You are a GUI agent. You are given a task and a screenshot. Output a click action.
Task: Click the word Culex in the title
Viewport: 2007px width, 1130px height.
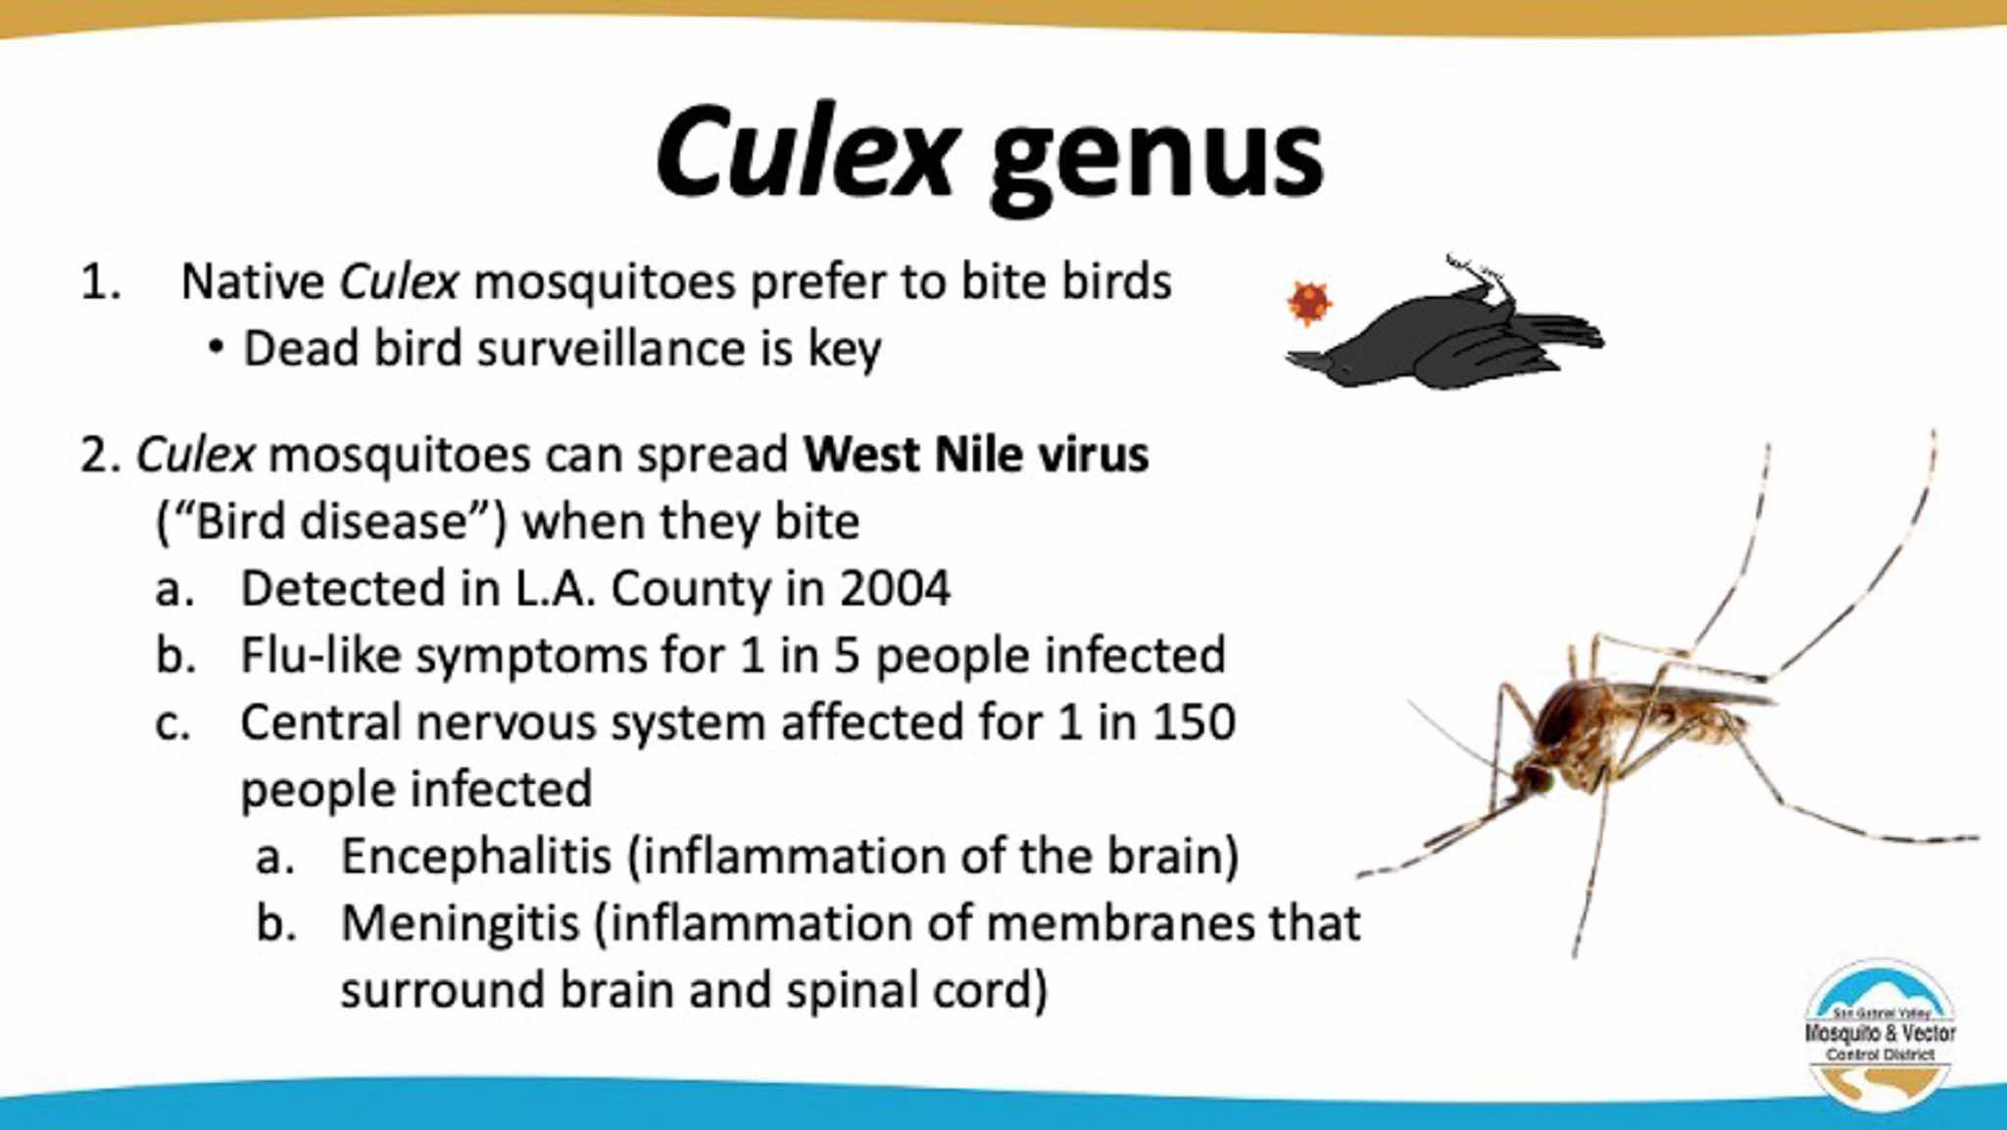coord(805,152)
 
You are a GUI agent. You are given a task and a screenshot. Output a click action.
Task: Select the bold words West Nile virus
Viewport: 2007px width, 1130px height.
coord(976,455)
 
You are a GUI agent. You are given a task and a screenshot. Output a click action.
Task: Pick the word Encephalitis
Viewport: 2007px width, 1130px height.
coord(476,856)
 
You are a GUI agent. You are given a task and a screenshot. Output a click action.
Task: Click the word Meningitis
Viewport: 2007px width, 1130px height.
coord(461,924)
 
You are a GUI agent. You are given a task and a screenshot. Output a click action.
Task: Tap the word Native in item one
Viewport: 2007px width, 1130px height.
coord(253,282)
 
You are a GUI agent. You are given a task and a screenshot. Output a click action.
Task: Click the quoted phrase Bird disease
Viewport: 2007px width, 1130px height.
coord(332,521)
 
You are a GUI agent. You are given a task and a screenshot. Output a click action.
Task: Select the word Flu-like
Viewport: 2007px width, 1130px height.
coord(321,656)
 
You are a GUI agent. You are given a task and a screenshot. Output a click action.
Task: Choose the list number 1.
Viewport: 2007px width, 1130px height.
coord(101,282)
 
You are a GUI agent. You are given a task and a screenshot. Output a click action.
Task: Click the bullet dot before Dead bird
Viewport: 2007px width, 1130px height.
coord(216,349)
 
